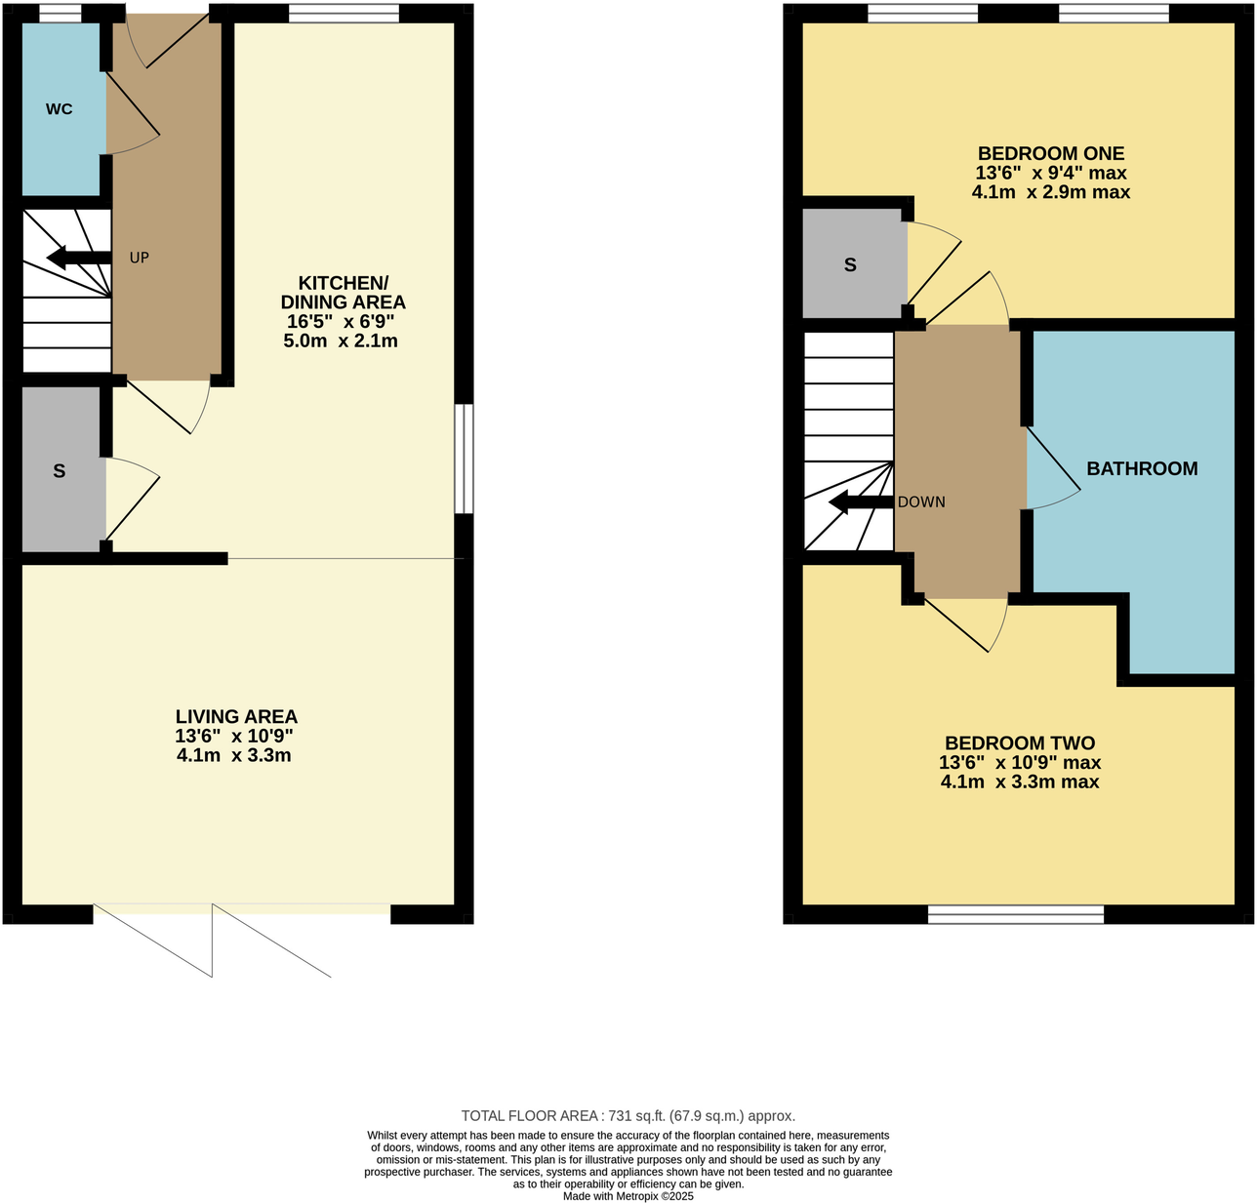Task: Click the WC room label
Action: (x=59, y=109)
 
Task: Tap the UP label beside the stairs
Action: (x=140, y=259)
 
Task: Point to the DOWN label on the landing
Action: (x=921, y=502)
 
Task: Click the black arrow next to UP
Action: (x=79, y=259)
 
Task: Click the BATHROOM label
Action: (x=1142, y=469)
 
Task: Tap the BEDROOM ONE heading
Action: (x=1051, y=153)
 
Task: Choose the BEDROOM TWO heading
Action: (x=1020, y=743)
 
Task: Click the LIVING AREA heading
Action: (x=236, y=717)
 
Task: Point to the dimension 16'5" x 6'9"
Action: (x=341, y=322)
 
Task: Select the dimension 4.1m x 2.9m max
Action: (x=1051, y=192)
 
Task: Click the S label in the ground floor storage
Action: (x=60, y=471)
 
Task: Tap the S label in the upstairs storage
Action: (x=850, y=265)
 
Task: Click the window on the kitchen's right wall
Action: (x=465, y=459)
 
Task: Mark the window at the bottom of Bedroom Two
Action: (x=1015, y=914)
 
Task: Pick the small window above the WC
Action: (x=61, y=13)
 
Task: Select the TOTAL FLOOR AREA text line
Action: (x=628, y=1116)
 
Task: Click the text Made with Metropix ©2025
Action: (x=628, y=1196)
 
